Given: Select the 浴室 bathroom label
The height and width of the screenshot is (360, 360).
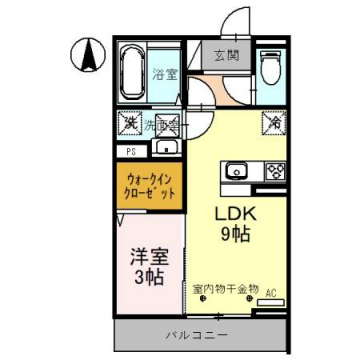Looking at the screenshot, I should pyautogui.click(x=162, y=73).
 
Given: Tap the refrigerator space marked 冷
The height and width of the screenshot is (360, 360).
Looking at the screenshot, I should pyautogui.click(x=272, y=123).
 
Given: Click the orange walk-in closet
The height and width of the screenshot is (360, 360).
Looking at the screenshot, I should pyautogui.click(x=148, y=185).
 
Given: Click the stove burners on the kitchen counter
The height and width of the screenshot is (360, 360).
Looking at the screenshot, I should pyautogui.click(x=273, y=170).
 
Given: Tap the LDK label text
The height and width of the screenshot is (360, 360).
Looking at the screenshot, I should pyautogui.click(x=237, y=213).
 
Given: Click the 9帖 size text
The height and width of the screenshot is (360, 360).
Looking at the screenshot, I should pyautogui.click(x=236, y=236).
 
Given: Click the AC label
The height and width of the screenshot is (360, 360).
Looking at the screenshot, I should pyautogui.click(x=271, y=294).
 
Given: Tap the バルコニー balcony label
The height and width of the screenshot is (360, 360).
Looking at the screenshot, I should pyautogui.click(x=197, y=334).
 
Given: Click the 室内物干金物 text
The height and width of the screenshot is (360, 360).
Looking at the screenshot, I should pyautogui.click(x=226, y=289).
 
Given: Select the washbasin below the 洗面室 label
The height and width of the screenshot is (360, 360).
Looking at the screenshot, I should pyautogui.click(x=166, y=149).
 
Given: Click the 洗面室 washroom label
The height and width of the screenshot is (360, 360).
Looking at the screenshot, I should pyautogui.click(x=160, y=126).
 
